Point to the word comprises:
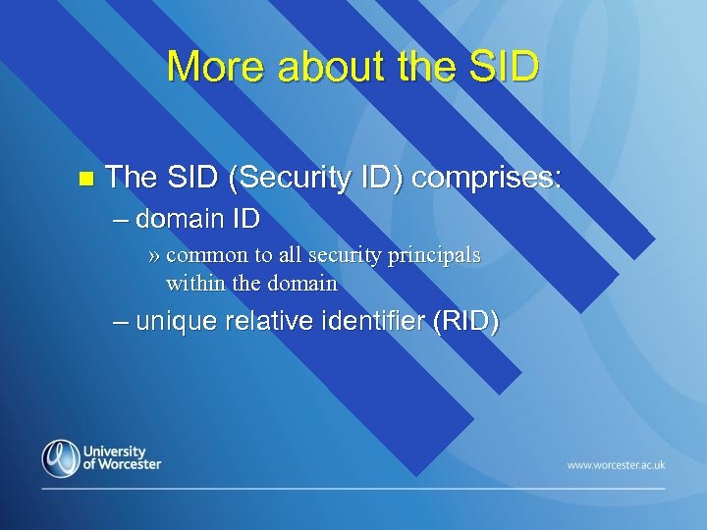(487, 178)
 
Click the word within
(194, 284)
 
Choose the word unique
(176, 321)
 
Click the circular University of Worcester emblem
(61, 458)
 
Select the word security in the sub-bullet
(346, 255)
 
